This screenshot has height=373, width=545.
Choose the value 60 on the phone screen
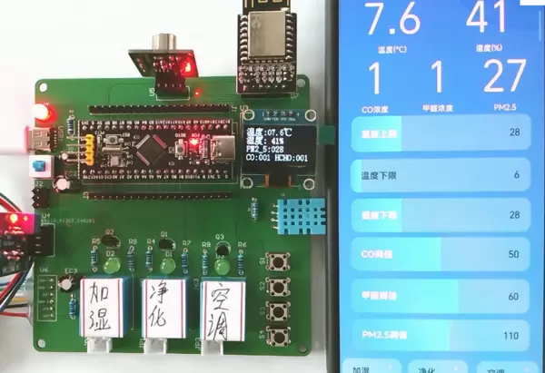pyautogui.click(x=513, y=295)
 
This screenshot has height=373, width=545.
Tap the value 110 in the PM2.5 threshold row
pyautogui.click(x=510, y=335)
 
